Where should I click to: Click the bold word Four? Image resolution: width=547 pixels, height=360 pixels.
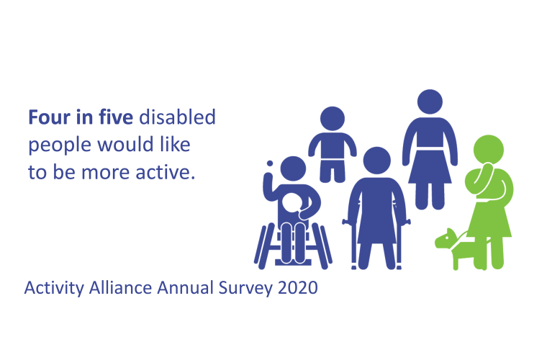(x=49, y=117)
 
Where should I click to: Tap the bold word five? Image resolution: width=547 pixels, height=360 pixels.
(x=115, y=117)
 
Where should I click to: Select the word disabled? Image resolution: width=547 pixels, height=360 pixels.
(x=177, y=117)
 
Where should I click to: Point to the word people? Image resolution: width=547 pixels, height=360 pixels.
(x=60, y=145)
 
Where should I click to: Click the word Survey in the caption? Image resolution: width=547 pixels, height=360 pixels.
(x=245, y=289)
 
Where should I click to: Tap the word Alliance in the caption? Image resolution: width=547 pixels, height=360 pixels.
(x=120, y=288)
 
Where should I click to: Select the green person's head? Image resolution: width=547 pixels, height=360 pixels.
(x=489, y=150)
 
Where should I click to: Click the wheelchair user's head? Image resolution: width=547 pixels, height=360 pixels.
(x=293, y=168)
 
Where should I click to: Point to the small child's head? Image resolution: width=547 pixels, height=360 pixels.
(x=333, y=119)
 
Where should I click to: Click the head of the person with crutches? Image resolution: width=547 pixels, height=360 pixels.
(x=376, y=161)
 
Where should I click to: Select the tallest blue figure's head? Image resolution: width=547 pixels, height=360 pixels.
(x=430, y=102)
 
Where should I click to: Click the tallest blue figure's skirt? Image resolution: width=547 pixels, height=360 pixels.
(x=430, y=167)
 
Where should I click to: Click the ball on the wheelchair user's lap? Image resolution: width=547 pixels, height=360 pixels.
(x=291, y=203)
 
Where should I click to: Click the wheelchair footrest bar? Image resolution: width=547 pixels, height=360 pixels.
(x=293, y=262)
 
